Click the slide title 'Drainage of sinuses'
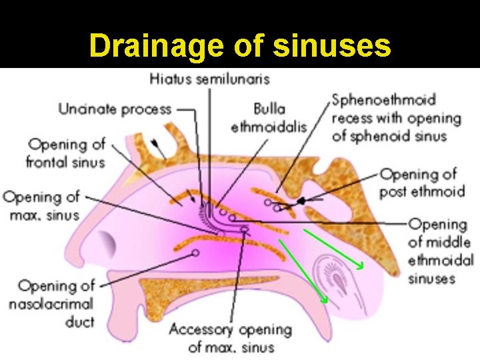click(x=239, y=46)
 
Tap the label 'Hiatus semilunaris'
click(x=209, y=79)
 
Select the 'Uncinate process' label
click(x=115, y=109)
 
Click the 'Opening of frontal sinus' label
click(x=65, y=153)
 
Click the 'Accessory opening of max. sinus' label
click(x=231, y=338)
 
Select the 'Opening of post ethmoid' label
click(x=422, y=183)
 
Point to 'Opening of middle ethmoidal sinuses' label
click(x=441, y=251)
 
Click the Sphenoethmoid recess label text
click(x=396, y=118)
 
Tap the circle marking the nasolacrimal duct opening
click(x=195, y=253)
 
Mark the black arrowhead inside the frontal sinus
click(x=156, y=143)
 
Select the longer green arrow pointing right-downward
click(x=333, y=248)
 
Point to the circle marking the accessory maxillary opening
click(x=245, y=229)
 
